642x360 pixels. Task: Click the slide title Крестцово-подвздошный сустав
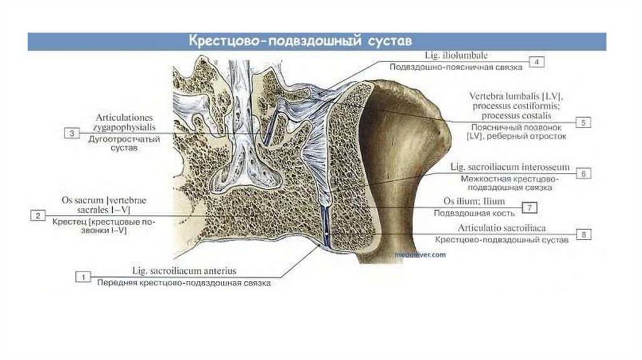click(x=301, y=42)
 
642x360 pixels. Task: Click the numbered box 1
click(x=83, y=275)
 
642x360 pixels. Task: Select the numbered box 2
click(x=38, y=216)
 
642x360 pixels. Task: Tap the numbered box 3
click(x=73, y=133)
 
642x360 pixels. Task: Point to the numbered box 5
click(x=582, y=122)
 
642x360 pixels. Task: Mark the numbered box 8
click(x=582, y=234)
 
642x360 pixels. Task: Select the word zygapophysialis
click(x=125, y=127)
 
